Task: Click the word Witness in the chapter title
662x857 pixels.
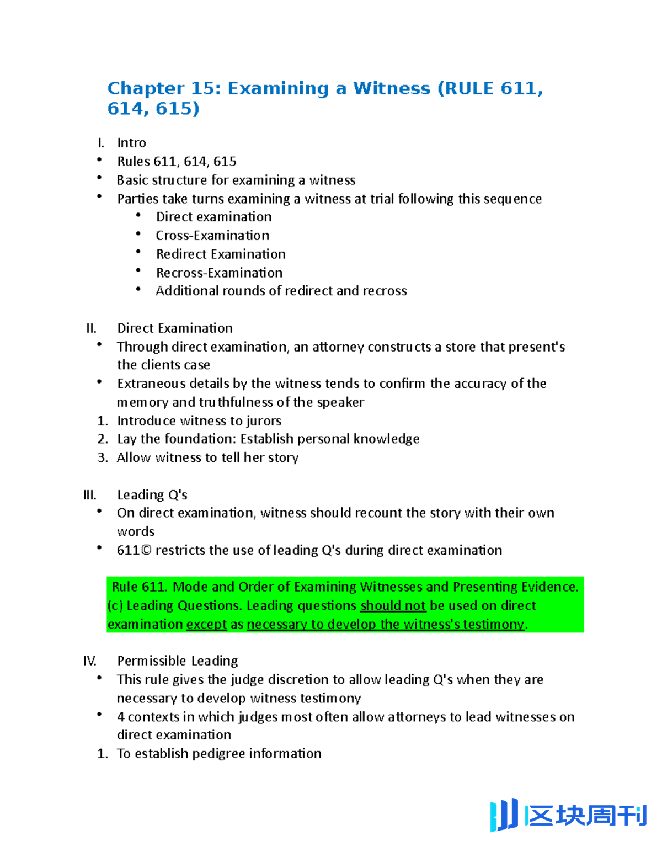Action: (391, 88)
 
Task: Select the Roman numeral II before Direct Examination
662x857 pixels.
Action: (91, 328)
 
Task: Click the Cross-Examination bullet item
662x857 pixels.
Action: (212, 236)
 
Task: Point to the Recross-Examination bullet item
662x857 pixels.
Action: (219, 273)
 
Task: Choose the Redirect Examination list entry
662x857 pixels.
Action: (221, 254)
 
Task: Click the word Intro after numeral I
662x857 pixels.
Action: (131, 143)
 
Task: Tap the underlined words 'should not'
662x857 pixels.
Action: (393, 605)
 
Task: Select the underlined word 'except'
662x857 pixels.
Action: (206, 624)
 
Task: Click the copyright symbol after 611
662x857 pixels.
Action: (146, 550)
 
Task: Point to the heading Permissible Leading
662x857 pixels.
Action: (177, 661)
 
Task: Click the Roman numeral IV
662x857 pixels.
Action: (89, 661)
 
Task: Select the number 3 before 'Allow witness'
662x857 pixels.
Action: (102, 457)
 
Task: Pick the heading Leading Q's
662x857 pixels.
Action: (152, 495)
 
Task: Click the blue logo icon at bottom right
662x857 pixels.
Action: (504, 815)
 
